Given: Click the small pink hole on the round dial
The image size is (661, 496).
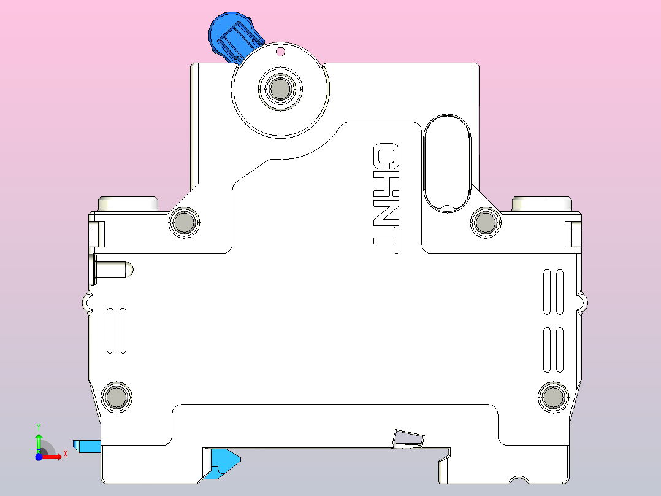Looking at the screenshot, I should [x=280, y=52].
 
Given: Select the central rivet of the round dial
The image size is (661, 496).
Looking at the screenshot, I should [x=280, y=89].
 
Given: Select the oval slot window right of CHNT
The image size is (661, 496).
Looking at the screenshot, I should [x=447, y=163].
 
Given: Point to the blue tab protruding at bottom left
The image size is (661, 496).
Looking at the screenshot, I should [x=86, y=446].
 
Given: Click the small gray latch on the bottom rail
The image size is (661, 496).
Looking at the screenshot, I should [x=408, y=438].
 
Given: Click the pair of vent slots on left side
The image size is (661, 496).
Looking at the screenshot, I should [x=117, y=330].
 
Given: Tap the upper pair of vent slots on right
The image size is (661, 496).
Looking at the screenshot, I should [x=553, y=292].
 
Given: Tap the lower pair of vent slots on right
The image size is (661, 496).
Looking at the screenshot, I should [x=553, y=349].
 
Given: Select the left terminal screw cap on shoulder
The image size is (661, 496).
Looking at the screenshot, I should [x=129, y=203].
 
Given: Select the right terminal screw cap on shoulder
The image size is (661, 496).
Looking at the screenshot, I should [x=542, y=203].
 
